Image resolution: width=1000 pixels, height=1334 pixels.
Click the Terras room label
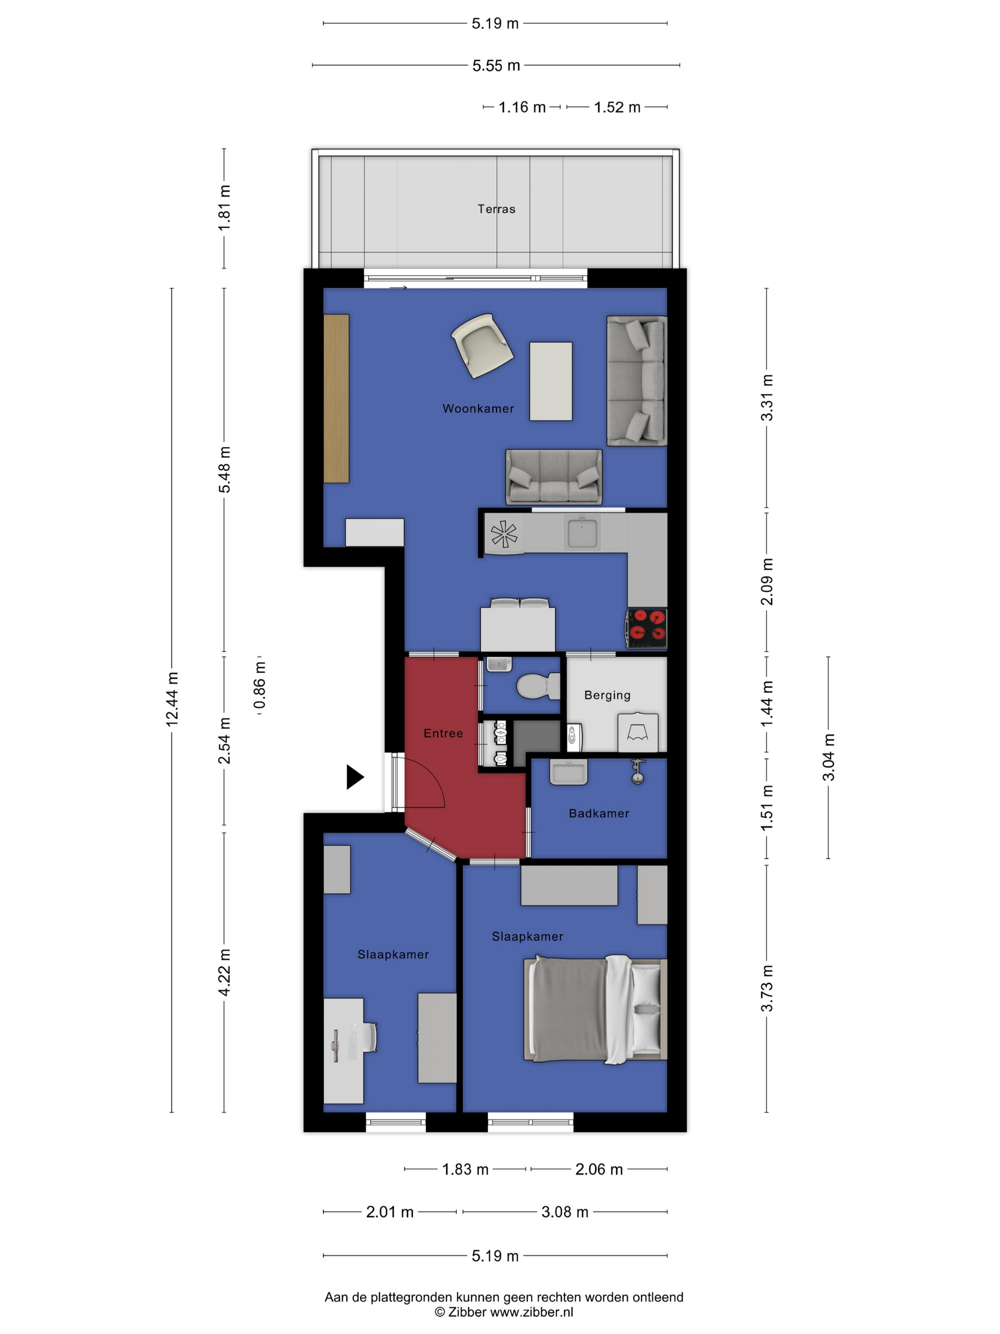pos(496,209)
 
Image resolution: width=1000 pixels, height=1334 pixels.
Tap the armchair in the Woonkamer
pos(482,345)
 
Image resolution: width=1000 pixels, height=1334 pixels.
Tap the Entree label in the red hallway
pos(443,733)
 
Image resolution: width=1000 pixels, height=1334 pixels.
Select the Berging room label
pos(607,695)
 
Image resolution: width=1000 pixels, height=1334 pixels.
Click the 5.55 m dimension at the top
pos(496,65)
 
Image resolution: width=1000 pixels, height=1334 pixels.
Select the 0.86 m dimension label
pos(259,685)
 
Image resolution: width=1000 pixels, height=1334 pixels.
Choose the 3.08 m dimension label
pos(564,1212)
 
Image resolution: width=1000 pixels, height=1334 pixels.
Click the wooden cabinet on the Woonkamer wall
pos(336,399)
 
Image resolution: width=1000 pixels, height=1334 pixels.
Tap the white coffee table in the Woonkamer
pos(550,381)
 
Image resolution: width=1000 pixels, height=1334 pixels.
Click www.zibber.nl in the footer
pos(531,1312)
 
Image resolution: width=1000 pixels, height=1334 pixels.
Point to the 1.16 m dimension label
pos(521,107)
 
